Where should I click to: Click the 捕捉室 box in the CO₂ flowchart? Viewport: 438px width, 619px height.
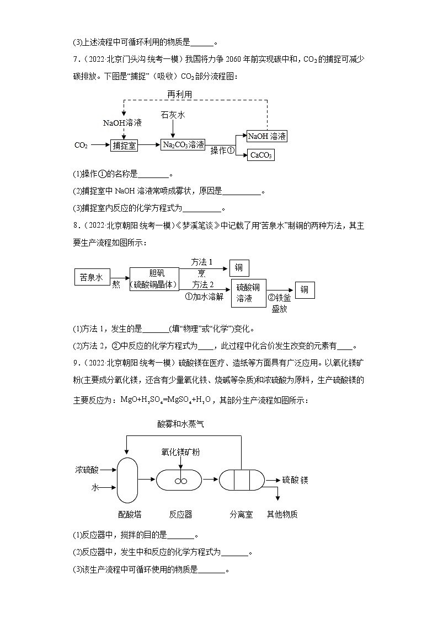point(124,145)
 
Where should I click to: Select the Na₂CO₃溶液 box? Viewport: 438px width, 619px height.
point(183,145)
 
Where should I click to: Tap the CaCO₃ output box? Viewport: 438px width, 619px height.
point(261,155)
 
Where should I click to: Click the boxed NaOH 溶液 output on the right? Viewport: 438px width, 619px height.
point(267,136)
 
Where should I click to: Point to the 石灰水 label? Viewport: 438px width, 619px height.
point(173,115)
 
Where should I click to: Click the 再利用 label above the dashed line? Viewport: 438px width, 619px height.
point(180,94)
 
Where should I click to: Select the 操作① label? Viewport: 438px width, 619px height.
point(223,150)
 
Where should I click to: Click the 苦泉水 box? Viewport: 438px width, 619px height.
point(92,278)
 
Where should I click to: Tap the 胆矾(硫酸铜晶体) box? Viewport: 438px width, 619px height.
point(154,278)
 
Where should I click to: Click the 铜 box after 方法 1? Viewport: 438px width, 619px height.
point(239,267)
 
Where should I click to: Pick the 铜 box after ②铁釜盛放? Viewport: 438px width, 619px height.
point(305,290)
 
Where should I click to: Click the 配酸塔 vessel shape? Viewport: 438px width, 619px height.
point(127,480)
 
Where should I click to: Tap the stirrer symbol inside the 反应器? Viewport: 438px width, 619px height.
point(179,481)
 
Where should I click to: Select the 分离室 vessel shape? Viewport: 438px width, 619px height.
point(242,480)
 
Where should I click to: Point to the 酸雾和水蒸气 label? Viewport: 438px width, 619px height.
point(180,423)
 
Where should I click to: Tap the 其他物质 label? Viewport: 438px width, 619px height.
point(282,514)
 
